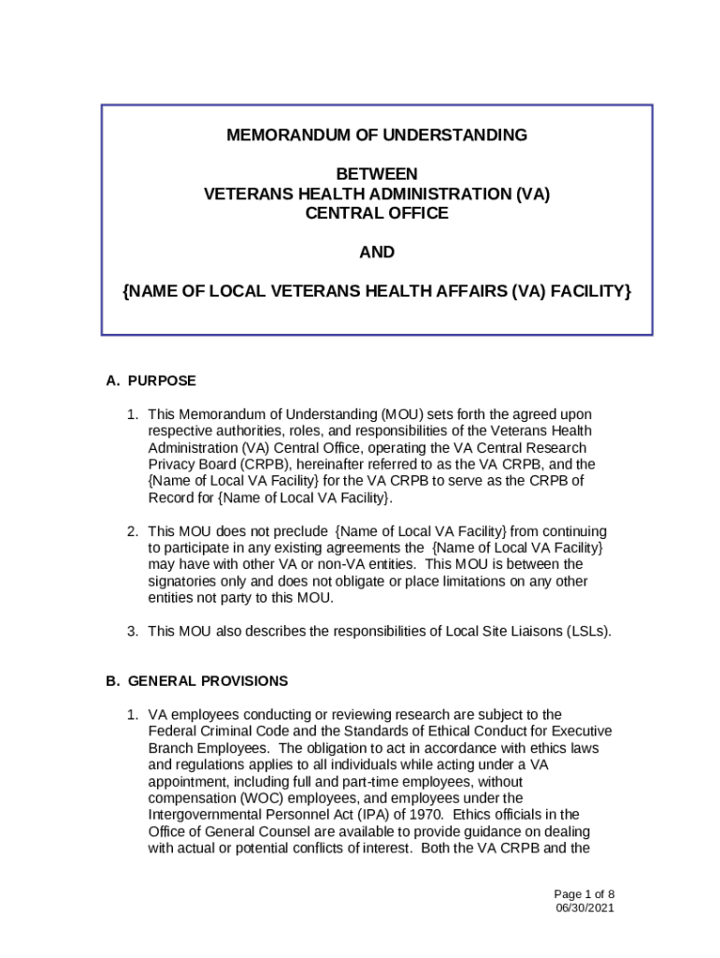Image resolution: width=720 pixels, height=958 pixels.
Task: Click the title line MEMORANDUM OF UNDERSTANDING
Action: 377,136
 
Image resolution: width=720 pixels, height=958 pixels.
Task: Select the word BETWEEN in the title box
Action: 377,174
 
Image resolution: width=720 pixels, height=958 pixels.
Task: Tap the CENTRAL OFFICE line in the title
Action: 377,213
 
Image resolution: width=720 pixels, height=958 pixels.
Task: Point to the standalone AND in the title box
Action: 377,253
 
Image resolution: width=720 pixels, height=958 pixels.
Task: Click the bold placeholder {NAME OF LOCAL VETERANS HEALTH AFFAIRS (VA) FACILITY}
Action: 377,292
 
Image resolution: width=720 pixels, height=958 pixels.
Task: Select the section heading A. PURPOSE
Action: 151,381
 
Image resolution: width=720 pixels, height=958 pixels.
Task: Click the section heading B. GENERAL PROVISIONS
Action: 196,681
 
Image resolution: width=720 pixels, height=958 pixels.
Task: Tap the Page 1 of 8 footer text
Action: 583,893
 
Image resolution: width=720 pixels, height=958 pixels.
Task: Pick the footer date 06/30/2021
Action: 584,907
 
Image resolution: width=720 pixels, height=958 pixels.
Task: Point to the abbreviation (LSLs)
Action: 589,631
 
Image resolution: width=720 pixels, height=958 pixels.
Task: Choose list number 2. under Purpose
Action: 134,531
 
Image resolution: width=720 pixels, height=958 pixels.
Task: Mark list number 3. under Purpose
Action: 134,631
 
